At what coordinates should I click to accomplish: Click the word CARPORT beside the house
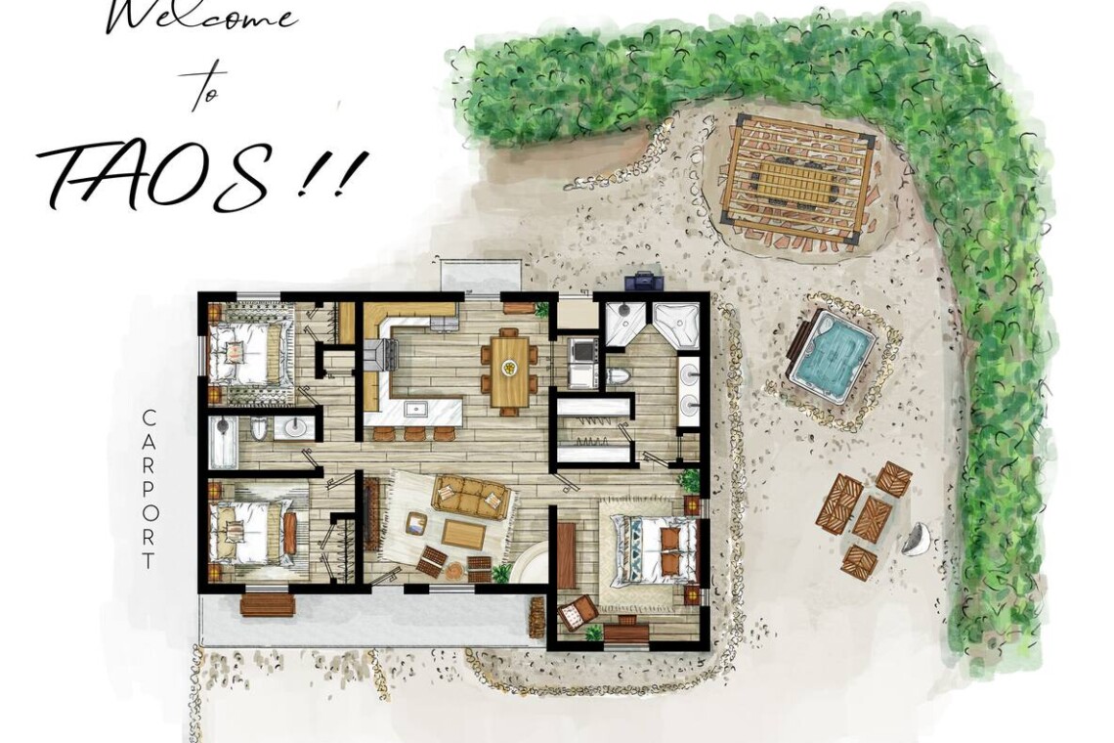coord(149,489)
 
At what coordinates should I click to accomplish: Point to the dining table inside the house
coord(509,371)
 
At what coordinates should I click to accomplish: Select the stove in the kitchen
coord(381,354)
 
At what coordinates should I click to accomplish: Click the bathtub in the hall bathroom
coord(223,442)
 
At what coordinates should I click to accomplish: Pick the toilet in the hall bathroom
coord(259,428)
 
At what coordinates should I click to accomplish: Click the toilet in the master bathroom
coord(618,376)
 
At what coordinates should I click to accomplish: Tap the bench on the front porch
coord(267,604)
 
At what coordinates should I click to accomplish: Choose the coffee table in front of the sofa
coord(463,534)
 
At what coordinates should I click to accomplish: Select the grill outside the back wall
coord(644,281)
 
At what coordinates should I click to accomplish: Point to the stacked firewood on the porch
coord(536,617)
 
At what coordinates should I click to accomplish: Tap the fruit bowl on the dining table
coord(509,368)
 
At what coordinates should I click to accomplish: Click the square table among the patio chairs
coord(872,518)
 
